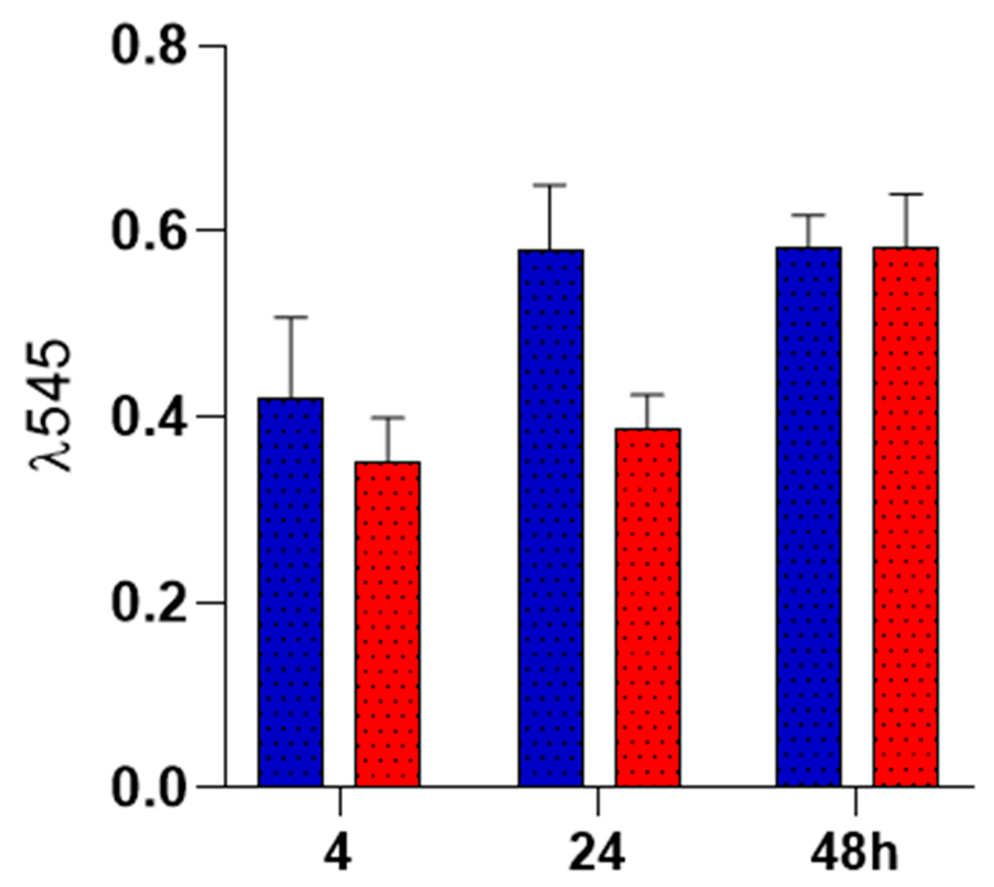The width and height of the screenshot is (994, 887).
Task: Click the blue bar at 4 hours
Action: point(291,592)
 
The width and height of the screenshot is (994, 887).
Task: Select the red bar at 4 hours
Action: point(388,624)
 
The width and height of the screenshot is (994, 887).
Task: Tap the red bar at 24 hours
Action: point(648,607)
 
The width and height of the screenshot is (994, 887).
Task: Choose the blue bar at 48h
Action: point(809,517)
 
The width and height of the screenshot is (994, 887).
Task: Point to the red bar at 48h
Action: point(906,517)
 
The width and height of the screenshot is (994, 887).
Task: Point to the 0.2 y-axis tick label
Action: point(149,603)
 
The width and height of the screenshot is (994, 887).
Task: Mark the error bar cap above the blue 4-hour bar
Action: point(291,317)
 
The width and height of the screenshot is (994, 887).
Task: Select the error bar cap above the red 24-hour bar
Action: point(648,394)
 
